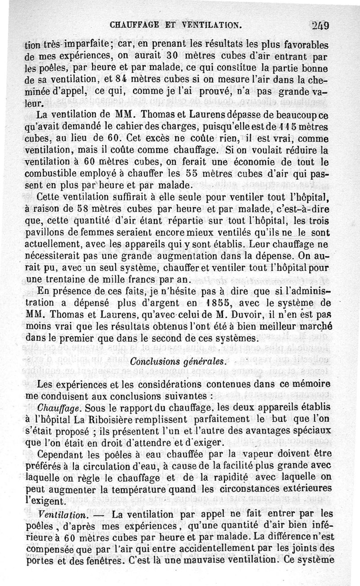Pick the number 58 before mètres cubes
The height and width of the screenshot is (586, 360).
pos(81,209)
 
